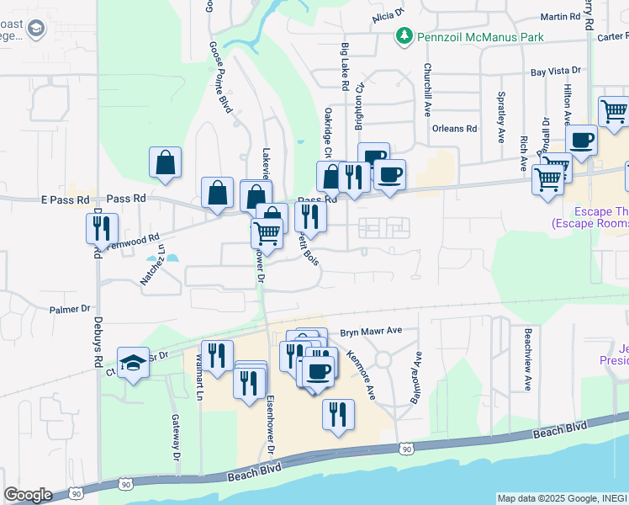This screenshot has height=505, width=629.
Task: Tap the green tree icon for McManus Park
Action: point(404,36)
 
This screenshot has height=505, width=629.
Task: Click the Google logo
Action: point(27,495)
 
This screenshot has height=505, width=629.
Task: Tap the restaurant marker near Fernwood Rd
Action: point(98,227)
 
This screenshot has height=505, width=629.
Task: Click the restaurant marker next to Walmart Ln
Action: point(217,354)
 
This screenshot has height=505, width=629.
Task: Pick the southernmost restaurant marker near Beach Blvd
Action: point(338,415)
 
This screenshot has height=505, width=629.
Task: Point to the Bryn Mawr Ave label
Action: point(372,332)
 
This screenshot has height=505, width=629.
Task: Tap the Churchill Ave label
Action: point(428,89)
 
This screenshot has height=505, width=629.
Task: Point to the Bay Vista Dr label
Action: point(556,73)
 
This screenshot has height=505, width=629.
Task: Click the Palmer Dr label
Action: point(70,309)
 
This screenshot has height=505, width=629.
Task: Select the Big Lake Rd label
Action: point(345,66)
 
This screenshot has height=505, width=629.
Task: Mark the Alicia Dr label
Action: point(388,14)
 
